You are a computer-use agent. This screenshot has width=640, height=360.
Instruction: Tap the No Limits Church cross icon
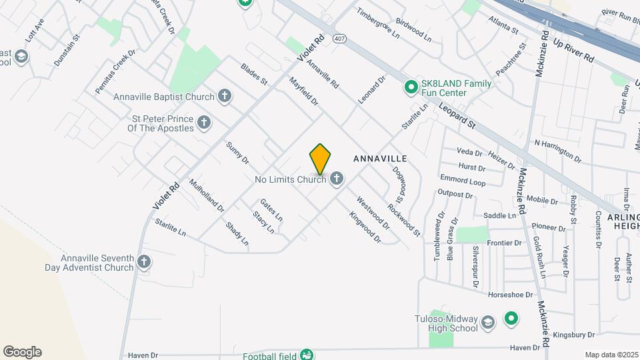pyautogui.click(x=337, y=179)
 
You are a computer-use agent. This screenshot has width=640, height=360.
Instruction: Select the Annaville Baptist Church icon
pyautogui.click(x=225, y=97)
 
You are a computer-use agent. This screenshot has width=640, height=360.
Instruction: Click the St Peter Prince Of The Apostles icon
pyautogui.click(x=204, y=123)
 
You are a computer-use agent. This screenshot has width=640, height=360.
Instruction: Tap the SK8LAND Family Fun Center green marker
pyautogui.click(x=411, y=88)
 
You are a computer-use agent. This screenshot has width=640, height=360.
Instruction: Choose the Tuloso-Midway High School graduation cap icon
pyautogui.click(x=488, y=323)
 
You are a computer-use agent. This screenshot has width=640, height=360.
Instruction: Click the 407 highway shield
pyautogui.click(x=340, y=39)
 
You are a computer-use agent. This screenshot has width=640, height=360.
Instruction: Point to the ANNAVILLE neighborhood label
pyautogui.click(x=379, y=159)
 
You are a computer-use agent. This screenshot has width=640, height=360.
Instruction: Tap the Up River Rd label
pyautogui.click(x=573, y=50)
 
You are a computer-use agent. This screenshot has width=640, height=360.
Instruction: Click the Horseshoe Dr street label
pyautogui.click(x=511, y=294)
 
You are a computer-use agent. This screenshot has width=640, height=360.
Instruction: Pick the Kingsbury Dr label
pyautogui.click(x=577, y=334)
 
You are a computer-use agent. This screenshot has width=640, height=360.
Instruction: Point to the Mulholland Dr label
pyautogui.click(x=207, y=195)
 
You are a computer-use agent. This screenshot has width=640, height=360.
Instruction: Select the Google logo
pyautogui.click(x=22, y=351)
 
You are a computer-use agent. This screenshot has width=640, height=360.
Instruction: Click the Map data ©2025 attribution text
pyautogui.click(x=611, y=355)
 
